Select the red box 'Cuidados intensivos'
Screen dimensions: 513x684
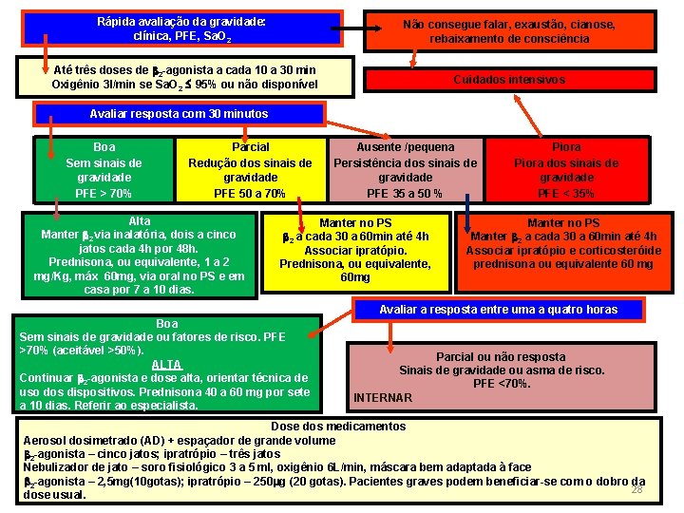[509, 80]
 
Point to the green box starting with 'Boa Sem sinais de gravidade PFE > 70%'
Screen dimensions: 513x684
[104, 170]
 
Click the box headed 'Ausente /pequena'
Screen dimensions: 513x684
[405, 170]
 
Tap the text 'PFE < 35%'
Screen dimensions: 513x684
[566, 194]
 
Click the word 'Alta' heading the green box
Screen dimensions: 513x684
[139, 221]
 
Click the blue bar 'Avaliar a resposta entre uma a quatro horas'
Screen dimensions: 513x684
[498, 310]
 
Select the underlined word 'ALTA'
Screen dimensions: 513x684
[166, 365]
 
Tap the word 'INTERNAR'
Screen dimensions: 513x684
[383, 397]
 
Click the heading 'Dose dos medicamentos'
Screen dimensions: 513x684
[338, 427]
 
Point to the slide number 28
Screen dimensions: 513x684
[637, 489]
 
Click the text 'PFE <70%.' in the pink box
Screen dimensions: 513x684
[502, 383]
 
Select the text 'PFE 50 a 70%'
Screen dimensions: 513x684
[250, 194]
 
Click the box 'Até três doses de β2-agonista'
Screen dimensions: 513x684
[184, 78]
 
